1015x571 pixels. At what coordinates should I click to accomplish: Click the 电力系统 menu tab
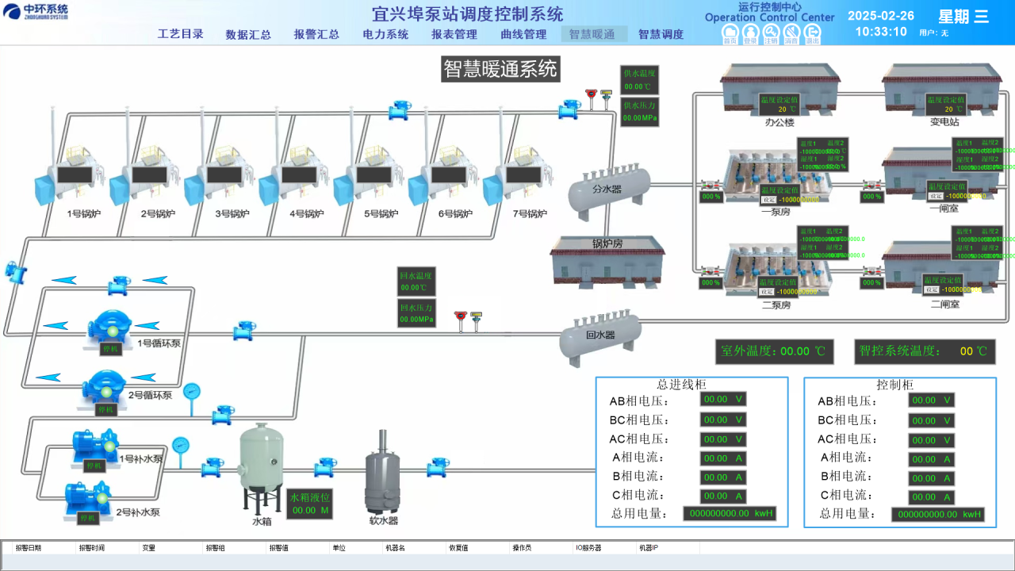(385, 34)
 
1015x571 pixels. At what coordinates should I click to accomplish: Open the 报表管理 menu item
(454, 34)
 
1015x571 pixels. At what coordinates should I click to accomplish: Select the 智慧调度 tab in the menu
(661, 34)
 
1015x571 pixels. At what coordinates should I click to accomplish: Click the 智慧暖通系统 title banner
(500, 69)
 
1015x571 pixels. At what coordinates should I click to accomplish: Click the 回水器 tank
(599, 335)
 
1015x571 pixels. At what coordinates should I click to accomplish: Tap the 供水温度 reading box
(638, 80)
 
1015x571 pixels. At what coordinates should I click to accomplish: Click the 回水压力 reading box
(416, 313)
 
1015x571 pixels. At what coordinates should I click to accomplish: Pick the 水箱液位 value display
(309, 504)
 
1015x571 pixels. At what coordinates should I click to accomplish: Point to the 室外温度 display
(775, 351)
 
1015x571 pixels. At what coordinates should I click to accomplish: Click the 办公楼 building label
(779, 122)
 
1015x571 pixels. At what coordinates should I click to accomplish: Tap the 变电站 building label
(944, 122)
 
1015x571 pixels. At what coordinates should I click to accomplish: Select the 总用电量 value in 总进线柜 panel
(730, 514)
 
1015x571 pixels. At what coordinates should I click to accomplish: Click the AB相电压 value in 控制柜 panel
(931, 400)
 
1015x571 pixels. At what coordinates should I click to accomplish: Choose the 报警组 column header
(215, 548)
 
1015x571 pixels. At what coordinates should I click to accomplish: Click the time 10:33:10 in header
(881, 32)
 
